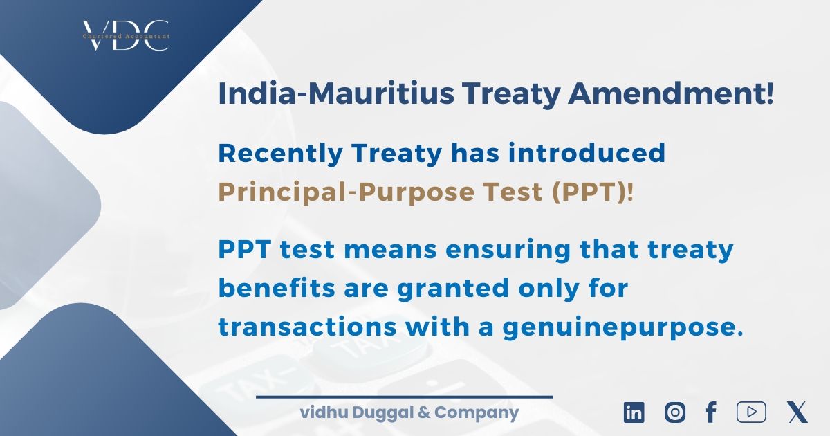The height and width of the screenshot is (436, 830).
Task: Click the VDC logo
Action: [x=125, y=35]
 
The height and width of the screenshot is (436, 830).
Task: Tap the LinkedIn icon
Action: [x=634, y=412]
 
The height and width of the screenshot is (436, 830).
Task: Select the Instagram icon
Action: [x=675, y=412]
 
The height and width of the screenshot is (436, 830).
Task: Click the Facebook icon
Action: [x=710, y=412]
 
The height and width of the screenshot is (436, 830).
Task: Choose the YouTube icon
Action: [x=751, y=412]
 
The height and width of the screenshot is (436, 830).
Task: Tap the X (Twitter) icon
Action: [x=797, y=412]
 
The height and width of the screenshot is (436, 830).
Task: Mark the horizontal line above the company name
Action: [x=405, y=397]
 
